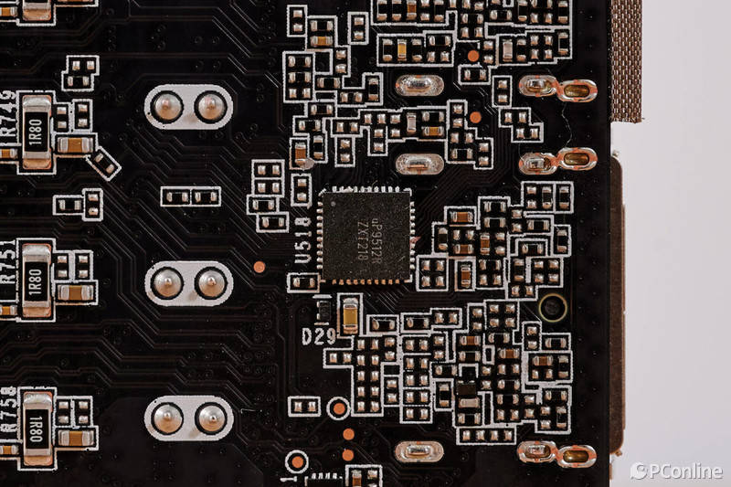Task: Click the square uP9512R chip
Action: pos(365,235)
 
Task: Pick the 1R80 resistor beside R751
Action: pos(37,278)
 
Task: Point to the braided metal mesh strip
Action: pos(626,59)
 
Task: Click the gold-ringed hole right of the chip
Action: pos(552,306)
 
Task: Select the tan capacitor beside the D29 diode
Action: pos(349,314)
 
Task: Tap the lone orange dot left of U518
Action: pos(260,267)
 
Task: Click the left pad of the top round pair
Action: pos(167,108)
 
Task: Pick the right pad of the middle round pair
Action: pos(211,282)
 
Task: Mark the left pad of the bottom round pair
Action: pos(167,418)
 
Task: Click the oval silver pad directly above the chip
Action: pos(419,164)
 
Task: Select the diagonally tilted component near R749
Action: pos(104,164)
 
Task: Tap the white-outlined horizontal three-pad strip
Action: pos(190,196)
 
